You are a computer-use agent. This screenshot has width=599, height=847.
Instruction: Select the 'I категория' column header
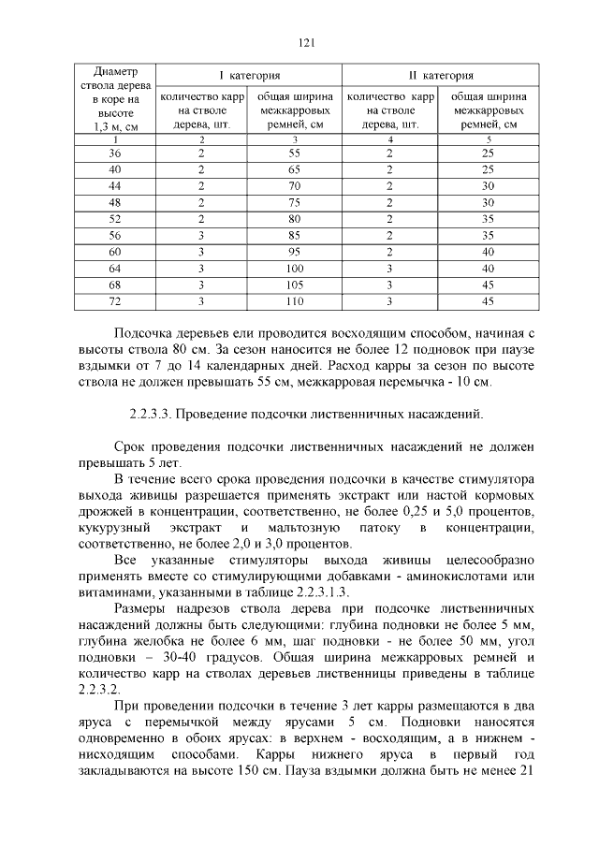click(249, 75)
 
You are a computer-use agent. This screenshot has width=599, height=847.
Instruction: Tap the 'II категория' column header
click(440, 75)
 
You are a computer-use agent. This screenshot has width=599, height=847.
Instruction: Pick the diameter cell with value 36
click(115, 153)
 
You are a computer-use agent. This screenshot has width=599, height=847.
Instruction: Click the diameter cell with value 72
click(115, 301)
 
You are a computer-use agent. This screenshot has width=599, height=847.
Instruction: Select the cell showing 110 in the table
click(295, 301)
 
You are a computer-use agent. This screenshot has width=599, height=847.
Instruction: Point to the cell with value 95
click(295, 252)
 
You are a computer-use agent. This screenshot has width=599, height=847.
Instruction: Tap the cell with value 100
click(295, 269)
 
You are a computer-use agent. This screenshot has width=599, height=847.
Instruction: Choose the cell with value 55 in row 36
click(295, 153)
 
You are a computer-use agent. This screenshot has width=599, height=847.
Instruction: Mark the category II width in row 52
click(488, 219)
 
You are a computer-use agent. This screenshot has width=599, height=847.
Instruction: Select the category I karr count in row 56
click(201, 236)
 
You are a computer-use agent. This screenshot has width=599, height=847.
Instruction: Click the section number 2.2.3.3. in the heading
click(150, 413)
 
